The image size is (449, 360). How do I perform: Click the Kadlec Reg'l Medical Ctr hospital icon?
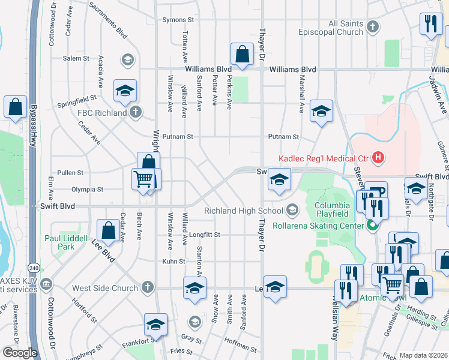[378, 158]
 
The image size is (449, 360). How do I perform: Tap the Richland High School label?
[243, 211]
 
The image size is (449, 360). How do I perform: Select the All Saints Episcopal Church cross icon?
[373, 26]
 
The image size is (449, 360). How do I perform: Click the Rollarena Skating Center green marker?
[372, 226]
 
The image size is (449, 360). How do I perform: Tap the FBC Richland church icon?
[136, 112]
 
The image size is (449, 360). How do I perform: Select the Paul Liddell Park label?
[67, 242]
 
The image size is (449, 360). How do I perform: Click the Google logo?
[19, 353]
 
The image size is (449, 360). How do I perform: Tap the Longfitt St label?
[205, 235]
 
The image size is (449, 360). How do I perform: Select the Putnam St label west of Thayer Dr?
[180, 136]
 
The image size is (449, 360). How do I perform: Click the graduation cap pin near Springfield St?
[125, 91]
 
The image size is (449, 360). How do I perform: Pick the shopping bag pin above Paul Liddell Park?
[108, 229]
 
